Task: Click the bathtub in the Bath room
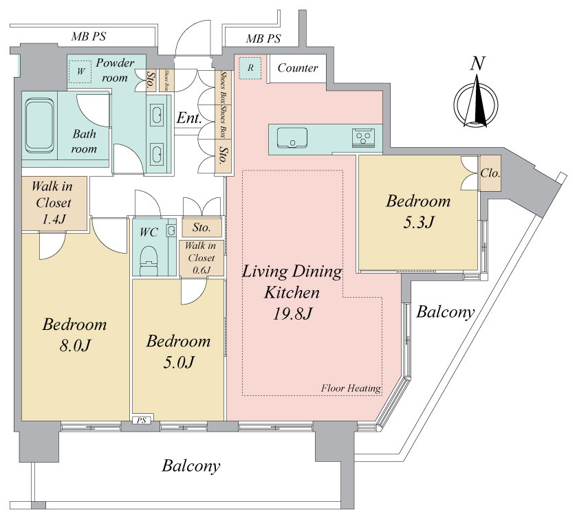[40, 126]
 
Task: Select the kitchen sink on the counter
[292, 137]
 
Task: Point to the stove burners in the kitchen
[364, 137]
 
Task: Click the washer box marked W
[80, 71]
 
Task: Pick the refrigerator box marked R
[250, 67]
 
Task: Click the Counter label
[298, 67]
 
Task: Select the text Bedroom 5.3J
[418, 212]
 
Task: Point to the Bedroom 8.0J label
[74, 335]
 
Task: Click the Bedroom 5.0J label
[179, 352]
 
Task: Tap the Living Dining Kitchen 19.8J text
[292, 292]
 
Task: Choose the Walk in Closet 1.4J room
[54, 203]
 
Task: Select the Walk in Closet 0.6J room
[202, 258]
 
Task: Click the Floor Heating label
[351, 388]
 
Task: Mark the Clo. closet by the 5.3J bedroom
[490, 173]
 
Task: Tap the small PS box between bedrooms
[142, 421]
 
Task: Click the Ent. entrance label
[189, 118]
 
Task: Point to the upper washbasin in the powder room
[157, 114]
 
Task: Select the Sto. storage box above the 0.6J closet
[202, 228]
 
